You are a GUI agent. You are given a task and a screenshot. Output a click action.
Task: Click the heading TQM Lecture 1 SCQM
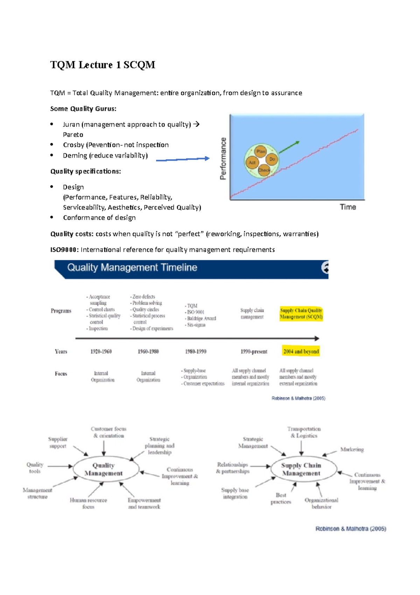(103, 65)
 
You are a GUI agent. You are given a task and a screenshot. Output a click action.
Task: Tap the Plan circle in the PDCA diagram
(261, 151)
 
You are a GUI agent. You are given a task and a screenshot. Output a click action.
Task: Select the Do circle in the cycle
(272, 159)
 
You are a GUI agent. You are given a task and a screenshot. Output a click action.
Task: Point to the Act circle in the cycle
(252, 163)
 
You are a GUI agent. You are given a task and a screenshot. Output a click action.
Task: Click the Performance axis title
(223, 158)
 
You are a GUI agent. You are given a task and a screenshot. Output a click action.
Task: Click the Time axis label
(348, 207)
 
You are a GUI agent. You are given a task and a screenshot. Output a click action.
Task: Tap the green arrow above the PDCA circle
(289, 147)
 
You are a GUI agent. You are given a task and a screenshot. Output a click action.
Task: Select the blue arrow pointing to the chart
(182, 159)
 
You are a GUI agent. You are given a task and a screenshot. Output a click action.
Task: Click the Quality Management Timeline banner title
(132, 268)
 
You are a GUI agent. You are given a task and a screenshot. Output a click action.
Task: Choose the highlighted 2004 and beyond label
(301, 351)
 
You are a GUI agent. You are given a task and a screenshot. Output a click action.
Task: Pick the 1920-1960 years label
(101, 351)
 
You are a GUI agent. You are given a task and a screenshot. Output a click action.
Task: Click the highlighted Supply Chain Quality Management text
(301, 314)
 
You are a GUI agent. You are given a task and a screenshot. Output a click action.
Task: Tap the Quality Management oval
(104, 469)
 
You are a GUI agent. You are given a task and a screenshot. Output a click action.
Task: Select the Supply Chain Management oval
(301, 469)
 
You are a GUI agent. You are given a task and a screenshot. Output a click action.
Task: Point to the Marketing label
(352, 449)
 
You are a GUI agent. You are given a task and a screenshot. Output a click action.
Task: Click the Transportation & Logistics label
(304, 432)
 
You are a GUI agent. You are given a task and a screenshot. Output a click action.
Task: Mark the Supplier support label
(58, 442)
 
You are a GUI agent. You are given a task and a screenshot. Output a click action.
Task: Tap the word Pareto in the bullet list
(73, 135)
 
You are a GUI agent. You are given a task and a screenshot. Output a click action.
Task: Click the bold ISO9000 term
(65, 249)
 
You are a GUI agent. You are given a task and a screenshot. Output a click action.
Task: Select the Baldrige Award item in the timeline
(201, 319)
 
